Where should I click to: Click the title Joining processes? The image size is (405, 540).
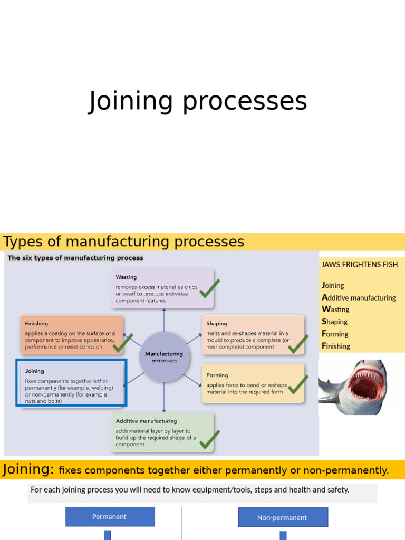(x=197, y=102)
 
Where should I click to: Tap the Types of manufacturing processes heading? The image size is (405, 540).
(x=123, y=242)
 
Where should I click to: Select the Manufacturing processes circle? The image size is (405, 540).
(x=165, y=357)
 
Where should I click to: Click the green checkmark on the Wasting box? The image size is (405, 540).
(x=209, y=288)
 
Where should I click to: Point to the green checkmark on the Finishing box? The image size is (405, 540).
(x=122, y=343)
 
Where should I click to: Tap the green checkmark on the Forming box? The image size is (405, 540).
(x=298, y=384)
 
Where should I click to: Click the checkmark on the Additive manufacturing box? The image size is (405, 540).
(x=209, y=439)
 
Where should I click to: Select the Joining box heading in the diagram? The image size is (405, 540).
(x=34, y=371)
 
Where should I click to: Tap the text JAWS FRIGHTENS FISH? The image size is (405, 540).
(x=360, y=265)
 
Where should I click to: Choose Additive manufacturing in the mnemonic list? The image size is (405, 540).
(x=359, y=297)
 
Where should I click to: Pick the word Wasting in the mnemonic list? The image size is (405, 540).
(x=335, y=309)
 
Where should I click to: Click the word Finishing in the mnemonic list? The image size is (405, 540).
(x=336, y=346)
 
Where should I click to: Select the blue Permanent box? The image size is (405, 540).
(x=110, y=517)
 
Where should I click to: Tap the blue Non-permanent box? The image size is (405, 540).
(x=283, y=517)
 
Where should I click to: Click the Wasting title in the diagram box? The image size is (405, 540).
(x=126, y=277)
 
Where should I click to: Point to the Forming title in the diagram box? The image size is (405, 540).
(x=217, y=375)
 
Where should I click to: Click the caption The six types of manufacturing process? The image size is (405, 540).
(x=75, y=258)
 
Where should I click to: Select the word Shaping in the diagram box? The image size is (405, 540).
(x=217, y=324)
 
